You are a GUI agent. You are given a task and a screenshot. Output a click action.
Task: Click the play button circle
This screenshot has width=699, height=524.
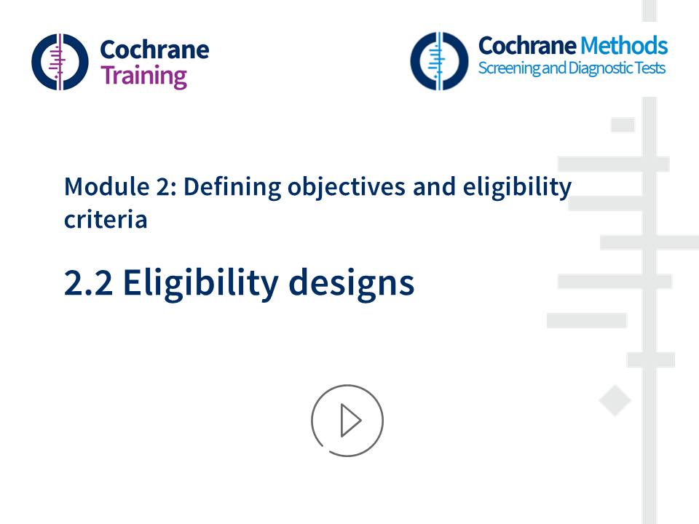click(x=347, y=421)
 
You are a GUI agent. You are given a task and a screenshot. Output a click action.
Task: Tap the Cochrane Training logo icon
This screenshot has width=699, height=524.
click(x=60, y=62)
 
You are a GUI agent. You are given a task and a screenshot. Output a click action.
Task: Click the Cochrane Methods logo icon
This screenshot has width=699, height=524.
click(x=438, y=60)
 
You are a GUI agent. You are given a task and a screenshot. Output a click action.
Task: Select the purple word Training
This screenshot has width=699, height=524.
click(x=143, y=75)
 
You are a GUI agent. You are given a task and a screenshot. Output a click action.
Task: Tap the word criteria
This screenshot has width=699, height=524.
click(x=106, y=219)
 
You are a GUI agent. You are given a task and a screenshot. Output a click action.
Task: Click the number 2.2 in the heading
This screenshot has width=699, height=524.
click(x=88, y=282)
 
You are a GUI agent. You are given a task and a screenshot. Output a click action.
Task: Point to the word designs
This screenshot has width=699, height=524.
click(x=351, y=282)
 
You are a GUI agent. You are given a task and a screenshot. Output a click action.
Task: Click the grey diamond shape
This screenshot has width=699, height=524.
click(x=615, y=401)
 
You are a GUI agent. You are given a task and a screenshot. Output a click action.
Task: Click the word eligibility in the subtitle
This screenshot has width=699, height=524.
click(x=518, y=187)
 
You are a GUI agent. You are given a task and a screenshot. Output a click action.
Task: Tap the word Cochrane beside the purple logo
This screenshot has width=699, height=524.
click(x=154, y=49)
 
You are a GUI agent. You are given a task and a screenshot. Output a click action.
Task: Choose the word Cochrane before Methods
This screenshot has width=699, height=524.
click(x=526, y=46)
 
